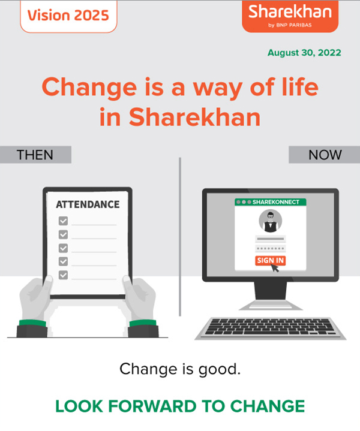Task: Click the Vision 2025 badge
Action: (x=68, y=15)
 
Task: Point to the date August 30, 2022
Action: (x=304, y=53)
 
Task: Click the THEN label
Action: (x=35, y=155)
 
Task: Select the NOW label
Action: (x=324, y=155)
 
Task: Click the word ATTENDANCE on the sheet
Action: (x=88, y=204)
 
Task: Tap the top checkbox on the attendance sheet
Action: (x=63, y=221)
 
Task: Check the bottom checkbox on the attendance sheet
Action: (x=63, y=275)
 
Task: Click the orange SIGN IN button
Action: (x=270, y=260)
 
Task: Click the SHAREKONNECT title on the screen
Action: (x=276, y=202)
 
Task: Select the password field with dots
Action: (x=271, y=248)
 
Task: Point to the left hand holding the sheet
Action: (x=35, y=300)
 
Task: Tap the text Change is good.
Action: (x=180, y=369)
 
